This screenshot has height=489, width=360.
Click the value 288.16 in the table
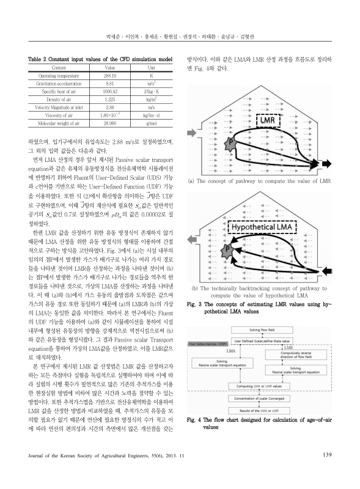point(111,76)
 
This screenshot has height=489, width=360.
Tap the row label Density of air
point(60,98)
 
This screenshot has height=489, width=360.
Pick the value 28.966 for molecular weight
point(111,122)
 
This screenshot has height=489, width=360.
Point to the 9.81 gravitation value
point(111,83)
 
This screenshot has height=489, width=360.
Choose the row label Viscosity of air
point(60,114)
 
